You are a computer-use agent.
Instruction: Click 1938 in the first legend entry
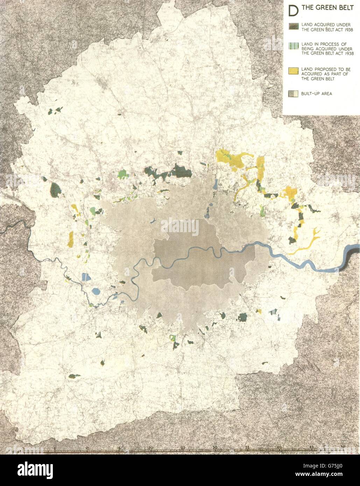338,30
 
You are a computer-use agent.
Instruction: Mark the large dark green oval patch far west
55,190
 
